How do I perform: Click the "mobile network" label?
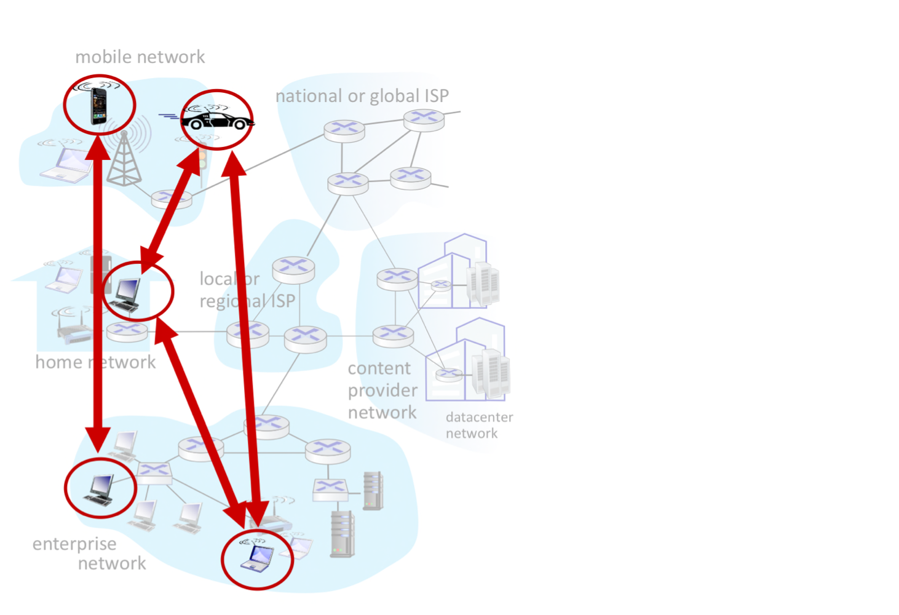coord(140,57)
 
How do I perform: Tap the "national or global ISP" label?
coord(362,96)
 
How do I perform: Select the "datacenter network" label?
coord(479,425)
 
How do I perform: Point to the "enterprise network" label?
coord(90,553)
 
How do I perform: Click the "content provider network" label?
coord(382,391)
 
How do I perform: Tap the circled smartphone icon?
coord(98,106)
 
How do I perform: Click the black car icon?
coord(217,118)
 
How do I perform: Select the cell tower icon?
coord(124,160)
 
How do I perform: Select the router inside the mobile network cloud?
coord(172,198)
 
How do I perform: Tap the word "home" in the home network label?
coord(58,362)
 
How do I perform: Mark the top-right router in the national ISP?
coord(424,119)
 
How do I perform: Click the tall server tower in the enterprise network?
coord(343,533)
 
